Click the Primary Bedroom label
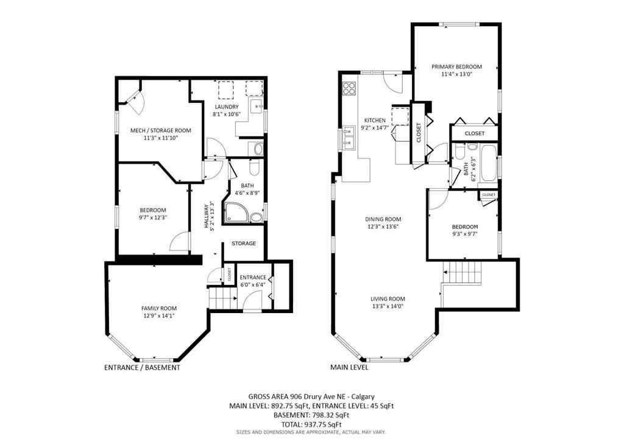pyautogui.click(x=456, y=66)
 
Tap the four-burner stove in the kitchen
pyautogui.click(x=349, y=89)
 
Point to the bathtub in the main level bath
pyautogui.click(x=489, y=163)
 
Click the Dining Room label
pyautogui.click(x=383, y=219)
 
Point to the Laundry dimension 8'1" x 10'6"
pyautogui.click(x=226, y=115)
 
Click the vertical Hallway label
pyautogui.click(x=207, y=216)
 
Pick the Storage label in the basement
pyautogui.click(x=243, y=244)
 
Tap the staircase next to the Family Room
pyautogui.click(x=222, y=298)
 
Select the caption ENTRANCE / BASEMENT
pyautogui.click(x=142, y=368)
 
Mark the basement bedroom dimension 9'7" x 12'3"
pyautogui.click(x=153, y=217)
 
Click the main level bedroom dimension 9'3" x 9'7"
pyautogui.click(x=464, y=233)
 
